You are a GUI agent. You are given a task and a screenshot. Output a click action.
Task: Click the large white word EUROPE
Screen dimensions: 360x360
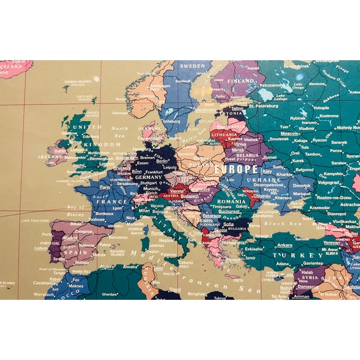tap(236, 169)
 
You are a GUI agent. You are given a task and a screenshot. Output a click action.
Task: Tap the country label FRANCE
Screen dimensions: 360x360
tap(112, 201)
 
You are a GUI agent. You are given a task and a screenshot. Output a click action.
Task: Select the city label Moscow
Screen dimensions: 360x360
tap(290, 134)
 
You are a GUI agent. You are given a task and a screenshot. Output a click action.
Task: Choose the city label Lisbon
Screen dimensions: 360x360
tap(41, 247)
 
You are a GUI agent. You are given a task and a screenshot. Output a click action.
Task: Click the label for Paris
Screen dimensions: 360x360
tap(105, 187)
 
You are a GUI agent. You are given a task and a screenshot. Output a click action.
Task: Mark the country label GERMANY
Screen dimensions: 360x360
tap(147, 177)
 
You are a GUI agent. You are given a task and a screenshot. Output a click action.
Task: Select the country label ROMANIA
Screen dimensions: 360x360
tap(231, 201)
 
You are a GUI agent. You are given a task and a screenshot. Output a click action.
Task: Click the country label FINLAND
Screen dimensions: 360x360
tap(240, 81)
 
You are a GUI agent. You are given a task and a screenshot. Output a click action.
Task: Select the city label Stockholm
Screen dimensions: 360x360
tap(205, 110)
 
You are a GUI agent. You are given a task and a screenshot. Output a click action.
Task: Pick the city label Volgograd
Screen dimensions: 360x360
tap(328, 182)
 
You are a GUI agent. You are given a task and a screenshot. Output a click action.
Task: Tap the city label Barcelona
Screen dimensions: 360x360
tap(118, 237)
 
